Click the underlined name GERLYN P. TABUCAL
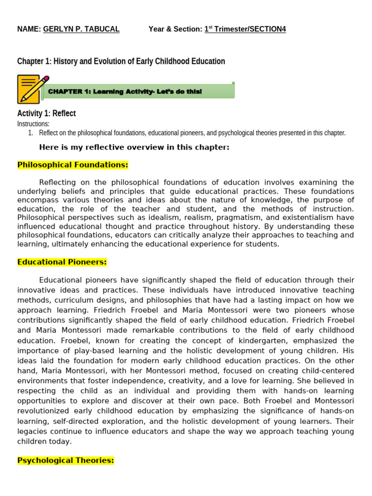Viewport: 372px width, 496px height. pyautogui.click(x=81, y=29)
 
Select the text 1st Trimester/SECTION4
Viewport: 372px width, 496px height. pyautogui.click(x=245, y=29)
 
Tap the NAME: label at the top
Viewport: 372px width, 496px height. pyautogui.click(x=29, y=29)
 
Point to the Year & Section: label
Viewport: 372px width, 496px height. pyautogui.click(x=175, y=29)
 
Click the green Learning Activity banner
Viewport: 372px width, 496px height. pyautogui.click(x=139, y=92)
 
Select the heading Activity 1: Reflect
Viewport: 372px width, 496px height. pyautogui.click(x=46, y=113)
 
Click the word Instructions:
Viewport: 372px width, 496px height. pyautogui.click(x=33, y=124)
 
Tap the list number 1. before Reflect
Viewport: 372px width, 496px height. pyautogui.click(x=31, y=133)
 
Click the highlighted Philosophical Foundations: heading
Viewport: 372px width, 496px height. pyautogui.click(x=73, y=165)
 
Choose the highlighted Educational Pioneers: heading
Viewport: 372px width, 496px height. pyautogui.click(x=62, y=262)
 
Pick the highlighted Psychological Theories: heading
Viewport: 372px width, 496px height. pyautogui.click(x=65, y=461)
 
